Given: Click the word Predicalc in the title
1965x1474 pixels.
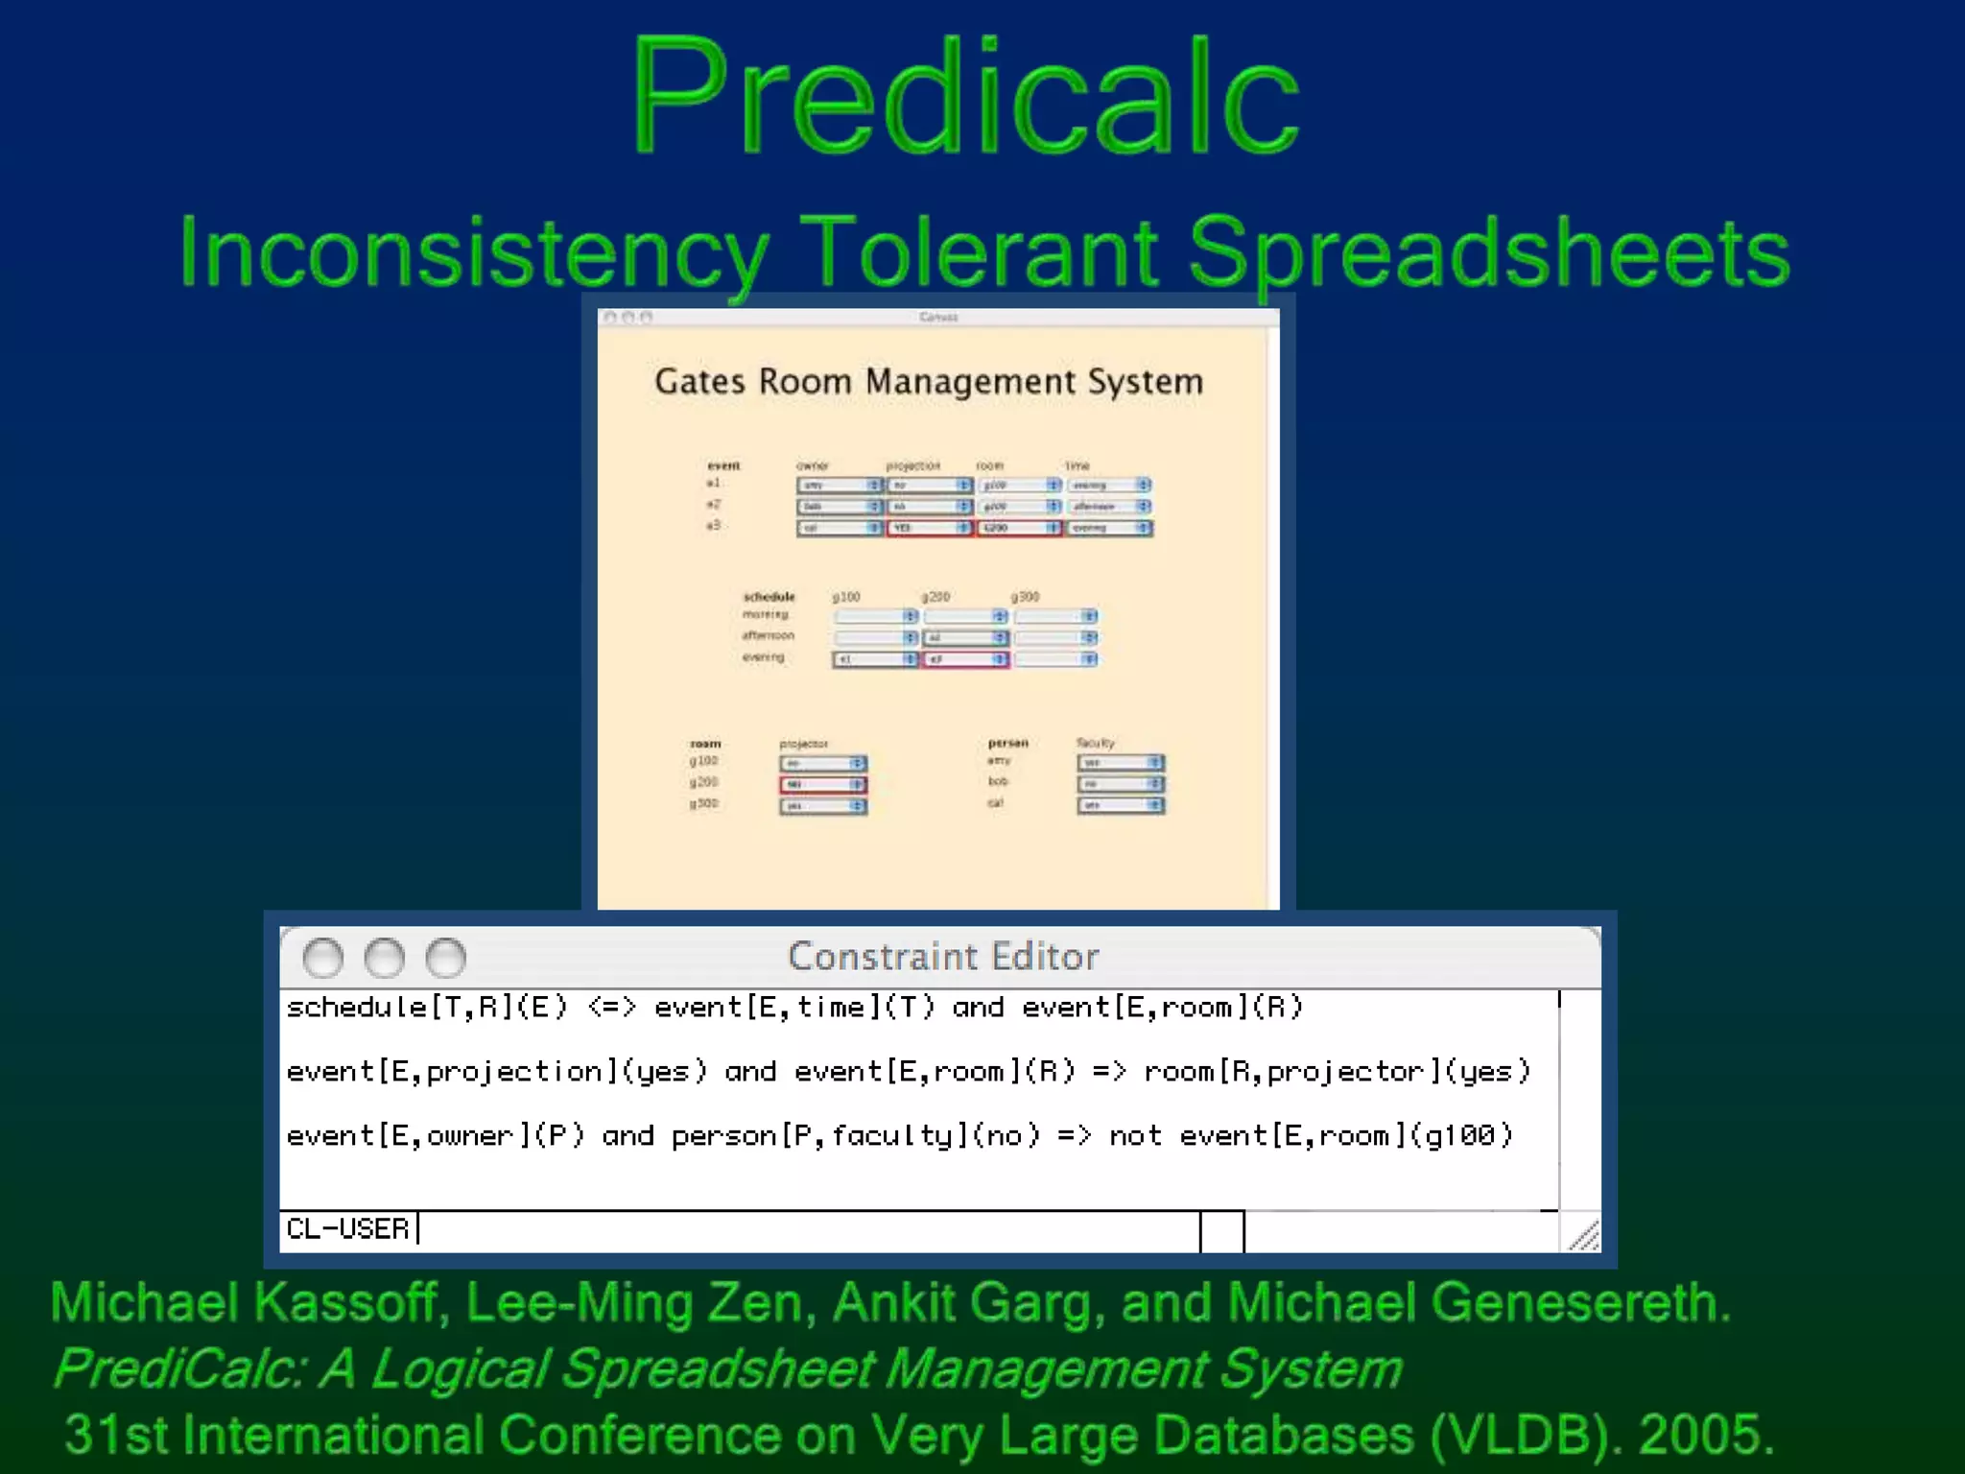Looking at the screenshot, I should pos(965,96).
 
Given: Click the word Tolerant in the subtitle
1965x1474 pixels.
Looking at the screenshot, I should pos(978,251).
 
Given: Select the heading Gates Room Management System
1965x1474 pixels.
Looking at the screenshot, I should pos(928,382).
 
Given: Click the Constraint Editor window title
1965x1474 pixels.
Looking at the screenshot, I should pos(942,957).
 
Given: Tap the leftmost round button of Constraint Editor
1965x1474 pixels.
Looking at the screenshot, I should pos(323,958).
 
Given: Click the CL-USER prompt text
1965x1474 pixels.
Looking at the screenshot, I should pos(347,1229).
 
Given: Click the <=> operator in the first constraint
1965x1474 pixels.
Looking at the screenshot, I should pos(611,1008).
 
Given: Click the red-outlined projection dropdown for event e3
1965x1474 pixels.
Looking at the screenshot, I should pos(929,528).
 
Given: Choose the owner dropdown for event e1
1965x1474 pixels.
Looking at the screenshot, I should pos(839,486).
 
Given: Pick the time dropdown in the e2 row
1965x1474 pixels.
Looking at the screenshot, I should pos(1110,507).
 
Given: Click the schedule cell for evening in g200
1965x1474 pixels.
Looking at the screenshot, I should pos(965,659).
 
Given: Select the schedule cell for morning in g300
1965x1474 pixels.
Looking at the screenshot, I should pos(1055,616).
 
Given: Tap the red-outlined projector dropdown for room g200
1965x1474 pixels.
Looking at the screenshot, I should pos(823,785).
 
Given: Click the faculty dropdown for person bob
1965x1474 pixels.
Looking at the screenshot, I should pos(1120,784).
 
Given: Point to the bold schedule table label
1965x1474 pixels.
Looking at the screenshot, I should pos(769,597).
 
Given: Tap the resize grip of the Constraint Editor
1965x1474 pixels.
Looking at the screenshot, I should pos(1583,1235).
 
